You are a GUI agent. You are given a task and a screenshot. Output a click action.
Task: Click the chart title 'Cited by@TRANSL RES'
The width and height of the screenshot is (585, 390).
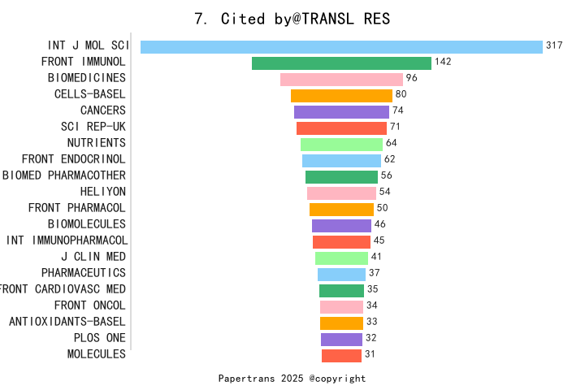(x=292, y=19)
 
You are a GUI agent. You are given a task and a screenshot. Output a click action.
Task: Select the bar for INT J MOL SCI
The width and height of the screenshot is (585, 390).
(x=341, y=46)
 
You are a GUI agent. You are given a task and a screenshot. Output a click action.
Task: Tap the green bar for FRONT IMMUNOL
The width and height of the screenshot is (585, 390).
(x=341, y=63)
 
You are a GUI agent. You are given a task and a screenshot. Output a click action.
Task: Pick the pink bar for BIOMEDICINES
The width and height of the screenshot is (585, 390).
(x=341, y=79)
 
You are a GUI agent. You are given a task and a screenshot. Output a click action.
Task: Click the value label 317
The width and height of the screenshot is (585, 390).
(x=554, y=45)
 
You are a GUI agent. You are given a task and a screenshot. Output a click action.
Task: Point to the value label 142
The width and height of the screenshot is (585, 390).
(x=443, y=62)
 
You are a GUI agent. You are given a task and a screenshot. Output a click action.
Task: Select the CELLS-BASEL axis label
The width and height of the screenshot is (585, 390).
(x=90, y=94)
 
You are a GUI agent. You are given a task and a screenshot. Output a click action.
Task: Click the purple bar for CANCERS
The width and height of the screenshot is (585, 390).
(x=341, y=111)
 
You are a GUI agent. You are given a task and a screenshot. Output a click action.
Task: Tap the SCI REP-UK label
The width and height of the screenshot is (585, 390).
(x=93, y=127)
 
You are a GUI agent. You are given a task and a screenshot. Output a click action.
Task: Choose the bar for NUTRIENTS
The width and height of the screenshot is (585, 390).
(x=341, y=144)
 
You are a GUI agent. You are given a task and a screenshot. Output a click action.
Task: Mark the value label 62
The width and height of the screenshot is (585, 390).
(x=390, y=159)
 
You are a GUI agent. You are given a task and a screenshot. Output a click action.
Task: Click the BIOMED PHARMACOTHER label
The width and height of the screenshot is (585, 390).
(x=64, y=175)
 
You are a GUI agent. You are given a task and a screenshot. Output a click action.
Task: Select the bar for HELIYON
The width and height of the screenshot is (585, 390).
(x=341, y=193)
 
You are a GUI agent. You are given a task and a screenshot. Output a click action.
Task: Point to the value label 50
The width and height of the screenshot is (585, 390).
(x=382, y=208)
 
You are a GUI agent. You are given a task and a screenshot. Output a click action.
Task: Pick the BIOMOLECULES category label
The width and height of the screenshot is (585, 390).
(x=87, y=224)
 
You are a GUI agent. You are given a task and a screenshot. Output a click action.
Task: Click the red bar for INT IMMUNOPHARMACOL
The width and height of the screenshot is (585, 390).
(x=341, y=241)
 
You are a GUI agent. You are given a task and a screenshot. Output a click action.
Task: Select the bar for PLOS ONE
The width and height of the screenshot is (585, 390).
(x=341, y=339)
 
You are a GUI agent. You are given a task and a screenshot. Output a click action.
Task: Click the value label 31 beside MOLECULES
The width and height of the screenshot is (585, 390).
(x=370, y=354)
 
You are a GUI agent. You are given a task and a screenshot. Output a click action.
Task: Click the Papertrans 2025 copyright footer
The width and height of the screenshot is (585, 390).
(x=292, y=379)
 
